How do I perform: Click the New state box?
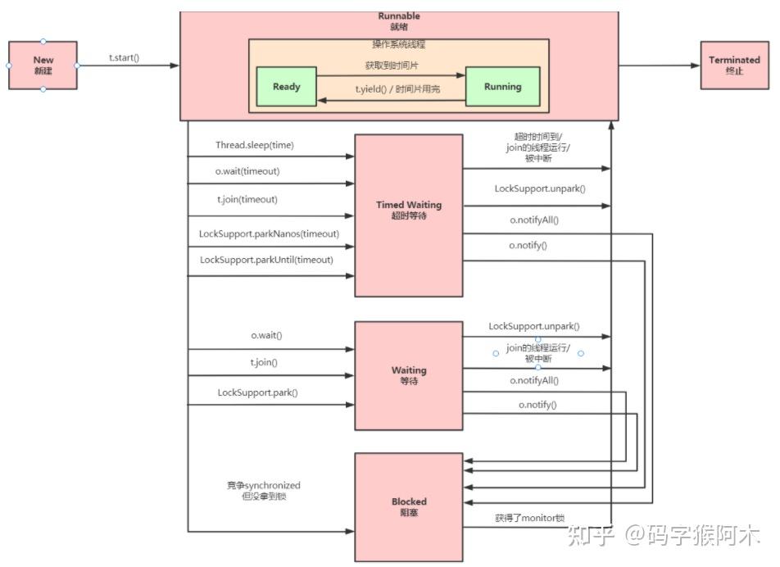coord(43,66)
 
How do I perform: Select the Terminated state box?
coord(734,66)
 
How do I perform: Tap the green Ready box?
coord(286,87)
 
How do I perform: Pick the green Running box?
coord(502,87)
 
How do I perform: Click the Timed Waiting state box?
coord(408,210)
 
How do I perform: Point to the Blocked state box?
coord(408,506)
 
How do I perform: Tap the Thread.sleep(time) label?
coord(254,145)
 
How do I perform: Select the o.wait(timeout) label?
coord(247,171)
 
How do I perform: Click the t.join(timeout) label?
coord(246,199)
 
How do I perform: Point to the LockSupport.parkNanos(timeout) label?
coord(269,234)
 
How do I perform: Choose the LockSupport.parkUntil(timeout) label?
coord(266,260)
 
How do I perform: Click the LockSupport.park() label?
coord(257,392)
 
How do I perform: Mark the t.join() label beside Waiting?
coord(264,362)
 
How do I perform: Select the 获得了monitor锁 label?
coord(529,518)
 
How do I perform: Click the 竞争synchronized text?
coord(264,485)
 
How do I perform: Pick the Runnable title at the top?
coord(399,16)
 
